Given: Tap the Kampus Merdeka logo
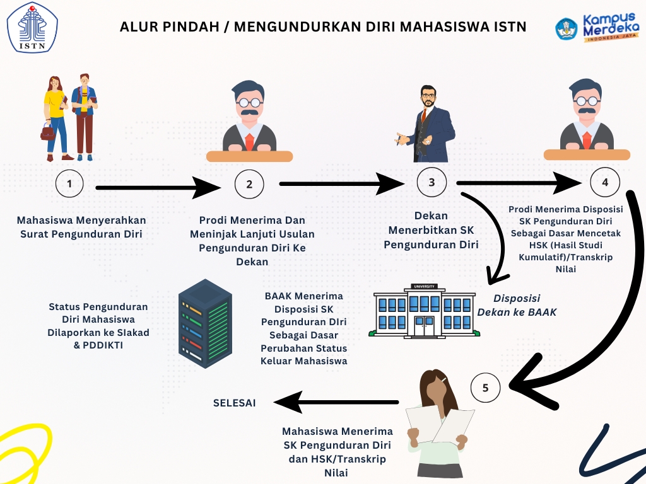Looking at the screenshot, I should click(x=596, y=28).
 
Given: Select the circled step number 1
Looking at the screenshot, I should click(x=70, y=184).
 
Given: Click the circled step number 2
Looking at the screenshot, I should click(x=249, y=184).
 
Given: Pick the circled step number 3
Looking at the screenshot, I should click(x=432, y=182).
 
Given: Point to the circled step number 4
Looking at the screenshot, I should click(x=605, y=183).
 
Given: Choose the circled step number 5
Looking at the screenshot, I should click(x=485, y=388).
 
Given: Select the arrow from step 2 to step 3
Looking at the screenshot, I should click(x=341, y=184).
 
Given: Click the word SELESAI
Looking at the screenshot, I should click(x=234, y=403).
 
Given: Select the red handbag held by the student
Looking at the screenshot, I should click(x=48, y=132).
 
